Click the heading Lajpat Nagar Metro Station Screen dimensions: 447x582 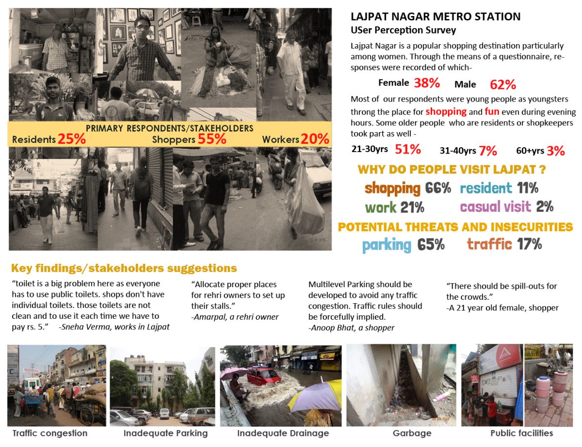pyautogui.click(x=436, y=17)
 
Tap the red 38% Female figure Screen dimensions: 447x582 pyautogui.click(x=427, y=83)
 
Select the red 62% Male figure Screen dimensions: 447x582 pyautogui.click(x=502, y=85)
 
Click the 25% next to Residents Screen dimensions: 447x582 pyautogui.click(x=71, y=139)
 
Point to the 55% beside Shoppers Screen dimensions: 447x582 pyautogui.click(x=212, y=139)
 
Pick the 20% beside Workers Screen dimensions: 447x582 pyautogui.click(x=315, y=139)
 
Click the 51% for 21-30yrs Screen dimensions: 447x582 pyautogui.click(x=407, y=150)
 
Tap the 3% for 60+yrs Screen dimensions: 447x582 pyautogui.click(x=555, y=151)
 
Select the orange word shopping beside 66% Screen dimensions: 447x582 pyautogui.click(x=392, y=188)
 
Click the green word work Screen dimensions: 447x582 pyautogui.click(x=381, y=207)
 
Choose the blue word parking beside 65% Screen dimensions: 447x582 pyautogui.click(x=387, y=244)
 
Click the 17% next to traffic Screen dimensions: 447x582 pyautogui.click(x=529, y=244)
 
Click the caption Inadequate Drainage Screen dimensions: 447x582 pyautogui.click(x=283, y=433)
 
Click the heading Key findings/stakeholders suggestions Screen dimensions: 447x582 pyautogui.click(x=124, y=268)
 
